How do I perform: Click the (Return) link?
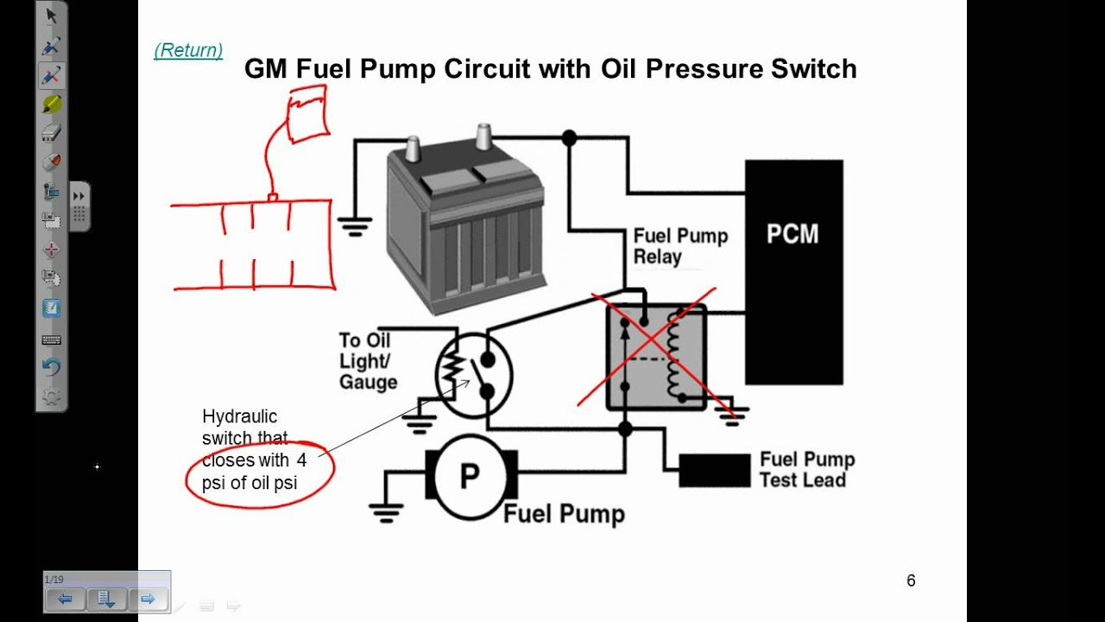[188, 50]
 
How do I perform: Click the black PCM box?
[793, 272]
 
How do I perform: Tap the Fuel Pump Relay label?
[680, 246]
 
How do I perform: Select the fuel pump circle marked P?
[470, 476]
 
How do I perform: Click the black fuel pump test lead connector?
[714, 471]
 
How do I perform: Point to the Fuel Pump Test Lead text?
[806, 469]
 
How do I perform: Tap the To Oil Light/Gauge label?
[368, 361]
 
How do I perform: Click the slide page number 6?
[911, 581]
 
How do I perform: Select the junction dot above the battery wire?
[569, 137]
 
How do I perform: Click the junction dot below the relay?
[626, 428]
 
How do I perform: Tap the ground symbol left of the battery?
[355, 227]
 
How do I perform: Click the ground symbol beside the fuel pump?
[385, 511]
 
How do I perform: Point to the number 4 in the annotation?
[301, 460]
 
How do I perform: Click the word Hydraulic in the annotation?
[239, 416]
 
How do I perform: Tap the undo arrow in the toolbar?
[51, 367]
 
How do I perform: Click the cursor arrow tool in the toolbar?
[51, 15]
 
